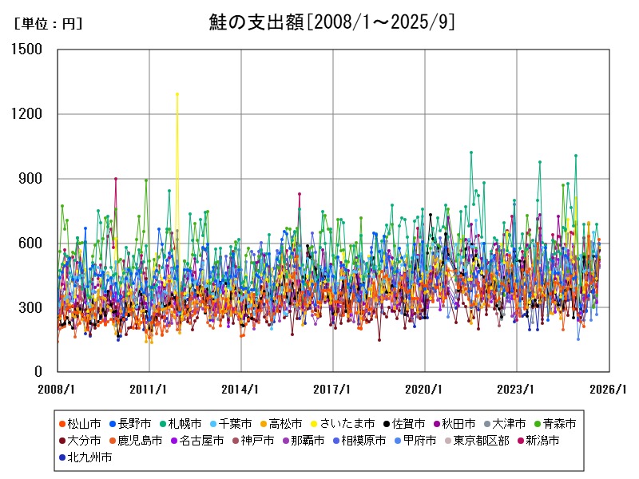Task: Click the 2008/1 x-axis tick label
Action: [58, 390]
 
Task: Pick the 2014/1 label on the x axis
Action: [241, 390]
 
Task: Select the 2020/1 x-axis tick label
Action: [425, 390]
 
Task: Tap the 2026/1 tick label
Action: [609, 390]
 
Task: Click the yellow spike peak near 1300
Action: [177, 94]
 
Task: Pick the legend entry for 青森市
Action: [559, 423]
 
